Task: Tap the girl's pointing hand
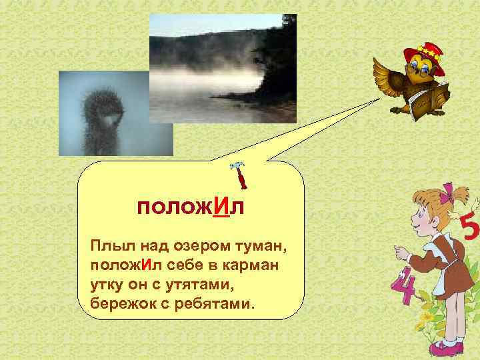[399, 252]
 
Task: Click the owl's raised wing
[386, 74]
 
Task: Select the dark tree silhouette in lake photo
[274, 73]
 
